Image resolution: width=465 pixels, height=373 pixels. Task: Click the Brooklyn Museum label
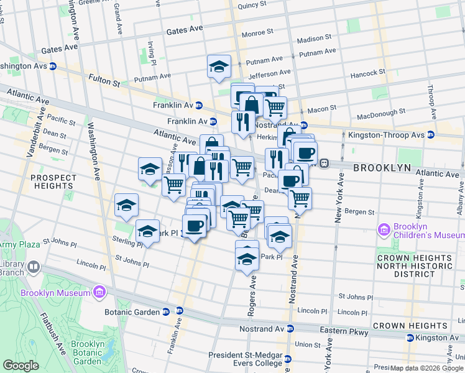coord(55,292)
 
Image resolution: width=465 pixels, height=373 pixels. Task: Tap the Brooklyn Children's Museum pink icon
coord(384,231)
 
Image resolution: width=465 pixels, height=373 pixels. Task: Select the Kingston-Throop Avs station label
coord(394,135)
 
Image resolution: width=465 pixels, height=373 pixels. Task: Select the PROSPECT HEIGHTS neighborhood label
coord(53,182)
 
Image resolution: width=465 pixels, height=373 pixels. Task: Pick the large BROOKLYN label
coord(382,168)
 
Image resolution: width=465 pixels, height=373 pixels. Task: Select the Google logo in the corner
coord(21,366)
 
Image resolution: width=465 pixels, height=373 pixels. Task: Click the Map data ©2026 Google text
coord(426,367)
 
